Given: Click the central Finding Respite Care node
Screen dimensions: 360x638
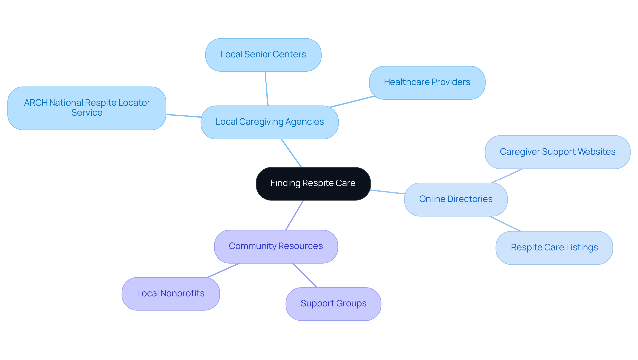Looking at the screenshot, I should [x=313, y=183].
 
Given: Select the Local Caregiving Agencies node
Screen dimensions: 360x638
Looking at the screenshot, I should [x=269, y=122].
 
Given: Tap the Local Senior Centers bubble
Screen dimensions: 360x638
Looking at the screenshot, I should [x=263, y=55].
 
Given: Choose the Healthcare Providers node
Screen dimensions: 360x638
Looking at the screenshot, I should [x=427, y=82].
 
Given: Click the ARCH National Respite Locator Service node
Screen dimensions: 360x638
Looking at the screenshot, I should [x=87, y=108].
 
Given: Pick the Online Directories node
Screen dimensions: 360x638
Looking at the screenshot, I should [x=456, y=199].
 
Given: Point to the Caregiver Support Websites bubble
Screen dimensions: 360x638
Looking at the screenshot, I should [x=557, y=152].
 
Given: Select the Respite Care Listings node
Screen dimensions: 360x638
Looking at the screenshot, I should [x=554, y=248].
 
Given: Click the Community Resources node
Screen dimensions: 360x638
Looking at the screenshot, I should [x=276, y=246].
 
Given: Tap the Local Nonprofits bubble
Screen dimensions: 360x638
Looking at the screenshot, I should [x=170, y=294].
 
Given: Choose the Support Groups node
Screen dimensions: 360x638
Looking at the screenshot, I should [x=333, y=304].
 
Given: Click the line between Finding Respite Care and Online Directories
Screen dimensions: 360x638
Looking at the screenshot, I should [x=387, y=192].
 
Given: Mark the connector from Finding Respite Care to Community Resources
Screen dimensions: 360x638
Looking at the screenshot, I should [x=294, y=215].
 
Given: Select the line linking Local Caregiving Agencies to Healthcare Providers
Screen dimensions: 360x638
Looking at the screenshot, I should [x=352, y=102].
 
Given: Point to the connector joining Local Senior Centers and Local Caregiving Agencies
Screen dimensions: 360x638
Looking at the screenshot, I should [x=266, y=89].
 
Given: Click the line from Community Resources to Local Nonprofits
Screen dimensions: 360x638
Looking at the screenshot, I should [x=223, y=270].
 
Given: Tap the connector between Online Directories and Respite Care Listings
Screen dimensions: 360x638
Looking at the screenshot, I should [x=505, y=224].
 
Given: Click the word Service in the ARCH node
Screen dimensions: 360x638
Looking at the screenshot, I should [x=87, y=113].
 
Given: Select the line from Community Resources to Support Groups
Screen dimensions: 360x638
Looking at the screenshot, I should [x=305, y=275].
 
